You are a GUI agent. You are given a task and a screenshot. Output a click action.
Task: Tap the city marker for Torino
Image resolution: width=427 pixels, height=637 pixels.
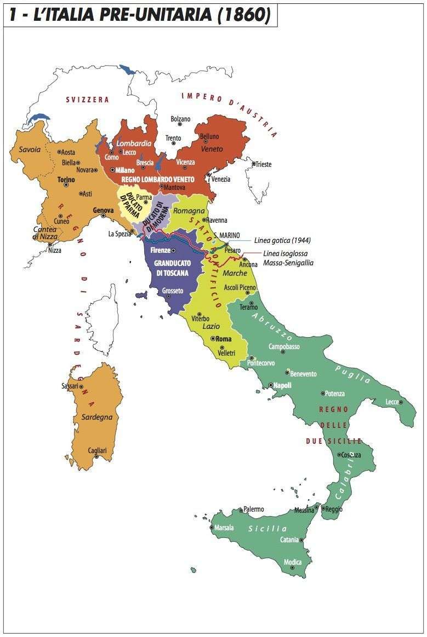(x=66, y=185)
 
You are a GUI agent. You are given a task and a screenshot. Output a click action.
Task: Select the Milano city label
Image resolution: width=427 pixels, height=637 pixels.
(x=125, y=170)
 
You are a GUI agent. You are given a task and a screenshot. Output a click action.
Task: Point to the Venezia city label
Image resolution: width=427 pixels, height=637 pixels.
(x=221, y=179)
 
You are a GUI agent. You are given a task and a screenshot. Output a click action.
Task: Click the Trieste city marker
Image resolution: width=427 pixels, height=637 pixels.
(x=253, y=164)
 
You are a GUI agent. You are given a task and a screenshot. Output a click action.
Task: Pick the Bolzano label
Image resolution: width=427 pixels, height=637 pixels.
(x=180, y=119)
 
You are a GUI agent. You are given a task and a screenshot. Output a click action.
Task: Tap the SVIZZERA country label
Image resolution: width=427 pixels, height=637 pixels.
(x=88, y=100)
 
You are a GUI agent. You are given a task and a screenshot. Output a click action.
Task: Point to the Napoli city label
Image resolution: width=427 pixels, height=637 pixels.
(x=282, y=385)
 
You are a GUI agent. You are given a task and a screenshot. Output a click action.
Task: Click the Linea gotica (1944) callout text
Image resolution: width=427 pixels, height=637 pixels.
(x=283, y=240)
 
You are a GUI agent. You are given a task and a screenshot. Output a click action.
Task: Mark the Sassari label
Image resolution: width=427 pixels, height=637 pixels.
(x=70, y=386)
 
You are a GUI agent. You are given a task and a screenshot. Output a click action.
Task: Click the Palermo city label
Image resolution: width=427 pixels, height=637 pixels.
(x=254, y=509)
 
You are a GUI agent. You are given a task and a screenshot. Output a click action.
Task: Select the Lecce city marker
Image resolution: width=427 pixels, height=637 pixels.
(x=401, y=402)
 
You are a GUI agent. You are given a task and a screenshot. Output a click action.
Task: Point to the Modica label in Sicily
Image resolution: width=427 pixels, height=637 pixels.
(x=293, y=562)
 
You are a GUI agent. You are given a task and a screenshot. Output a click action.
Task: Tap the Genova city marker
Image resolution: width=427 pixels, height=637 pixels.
(x=103, y=216)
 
